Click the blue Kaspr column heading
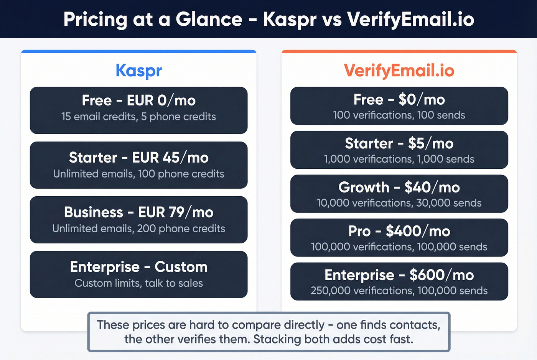coord(138,71)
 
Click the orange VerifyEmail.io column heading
coord(399,71)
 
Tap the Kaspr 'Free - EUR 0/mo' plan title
coord(138,100)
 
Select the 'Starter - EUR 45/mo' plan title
coord(138,158)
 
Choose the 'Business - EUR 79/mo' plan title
coord(138,212)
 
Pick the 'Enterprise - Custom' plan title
coord(138,267)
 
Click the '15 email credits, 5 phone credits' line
coord(138,117)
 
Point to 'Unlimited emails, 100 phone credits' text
coord(138,174)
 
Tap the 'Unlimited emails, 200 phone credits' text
coord(138,228)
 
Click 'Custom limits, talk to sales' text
coord(138,283)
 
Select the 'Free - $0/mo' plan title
coord(399,100)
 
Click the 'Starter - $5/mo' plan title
coord(399,143)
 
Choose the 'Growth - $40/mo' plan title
coord(399,187)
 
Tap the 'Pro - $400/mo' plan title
coord(399,231)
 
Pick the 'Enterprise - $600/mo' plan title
coord(399,275)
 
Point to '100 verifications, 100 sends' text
coord(399,115)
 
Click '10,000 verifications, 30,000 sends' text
coord(399,203)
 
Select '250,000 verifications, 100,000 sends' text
coord(399,291)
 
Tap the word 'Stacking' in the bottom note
coord(277,339)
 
